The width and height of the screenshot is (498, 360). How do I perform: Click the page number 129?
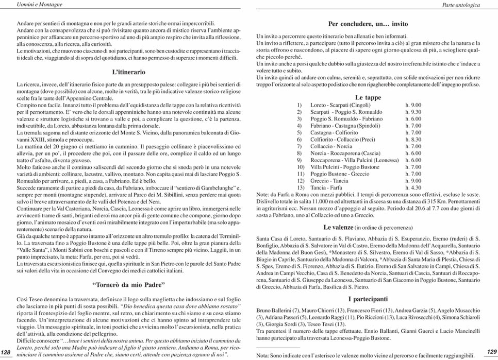pos(492,351)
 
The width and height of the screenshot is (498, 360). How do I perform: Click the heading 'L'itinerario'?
pos(128,73)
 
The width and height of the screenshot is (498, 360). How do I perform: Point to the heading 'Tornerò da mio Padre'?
pos(128,284)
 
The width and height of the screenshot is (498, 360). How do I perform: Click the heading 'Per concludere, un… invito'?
pos(368,24)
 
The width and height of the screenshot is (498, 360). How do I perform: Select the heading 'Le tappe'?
pos(368,97)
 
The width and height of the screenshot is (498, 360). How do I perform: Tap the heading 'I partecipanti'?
pos(368,299)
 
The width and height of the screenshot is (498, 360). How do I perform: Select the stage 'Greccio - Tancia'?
pos(329,181)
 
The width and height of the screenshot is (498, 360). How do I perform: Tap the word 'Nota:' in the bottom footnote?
pos(263,355)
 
